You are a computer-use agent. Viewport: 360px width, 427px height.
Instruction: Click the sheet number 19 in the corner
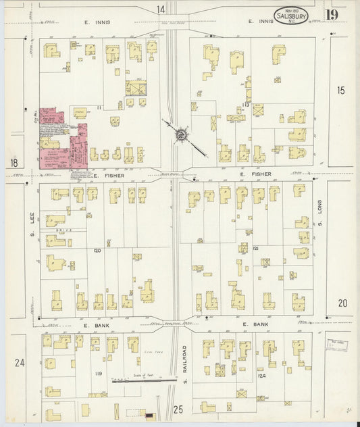point(332,14)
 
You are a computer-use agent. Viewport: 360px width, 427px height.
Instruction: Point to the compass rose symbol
point(181,135)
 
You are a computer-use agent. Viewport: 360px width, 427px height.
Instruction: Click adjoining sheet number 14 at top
point(161,9)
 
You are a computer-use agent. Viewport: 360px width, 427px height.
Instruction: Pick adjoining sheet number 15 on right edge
point(340,89)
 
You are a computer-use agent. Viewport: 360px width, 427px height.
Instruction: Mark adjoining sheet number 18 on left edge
point(14,162)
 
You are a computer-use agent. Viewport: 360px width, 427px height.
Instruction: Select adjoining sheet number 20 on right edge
point(342,303)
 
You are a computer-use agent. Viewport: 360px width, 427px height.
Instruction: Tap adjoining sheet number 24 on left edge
point(20,363)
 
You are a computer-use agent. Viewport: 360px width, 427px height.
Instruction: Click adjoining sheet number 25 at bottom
point(178,409)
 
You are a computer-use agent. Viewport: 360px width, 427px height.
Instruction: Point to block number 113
point(245,105)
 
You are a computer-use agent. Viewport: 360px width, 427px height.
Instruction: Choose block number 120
point(97,251)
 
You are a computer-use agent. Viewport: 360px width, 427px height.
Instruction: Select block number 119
point(99,373)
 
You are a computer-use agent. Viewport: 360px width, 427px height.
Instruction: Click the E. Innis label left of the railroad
point(97,22)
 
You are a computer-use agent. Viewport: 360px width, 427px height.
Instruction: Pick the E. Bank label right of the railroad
point(256,325)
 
